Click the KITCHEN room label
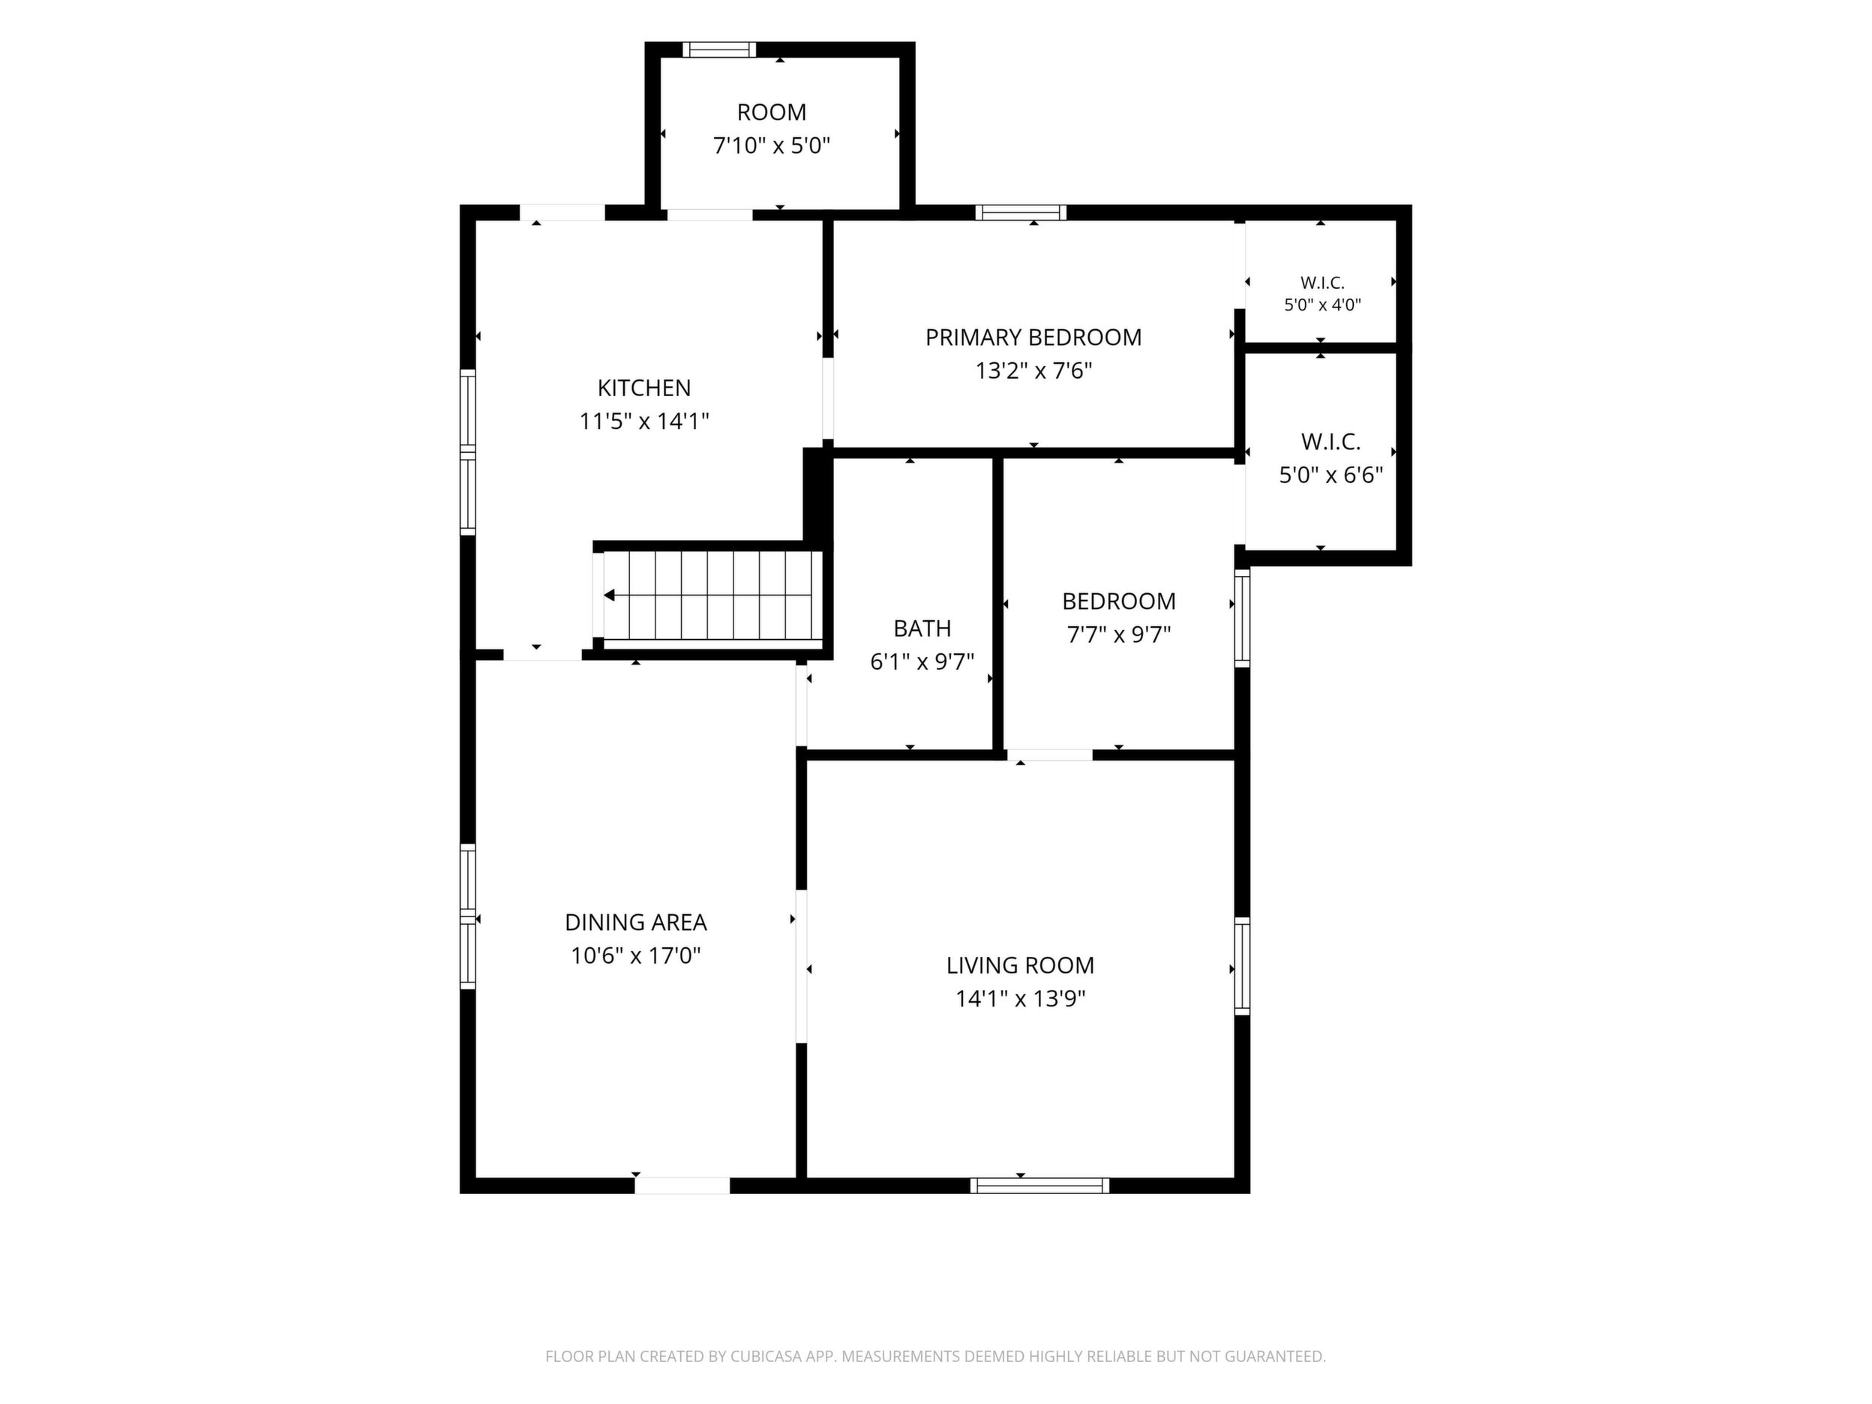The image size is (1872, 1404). [x=644, y=388]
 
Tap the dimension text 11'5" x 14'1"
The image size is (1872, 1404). [x=644, y=421]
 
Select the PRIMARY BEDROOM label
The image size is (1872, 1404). [x=1033, y=337]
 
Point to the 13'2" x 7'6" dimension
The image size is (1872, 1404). [x=1033, y=370]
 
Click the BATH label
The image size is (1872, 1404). [x=922, y=628]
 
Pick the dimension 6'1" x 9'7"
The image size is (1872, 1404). [x=922, y=661]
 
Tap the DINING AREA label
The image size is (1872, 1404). [x=635, y=922]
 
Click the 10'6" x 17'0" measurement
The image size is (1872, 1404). [x=635, y=955]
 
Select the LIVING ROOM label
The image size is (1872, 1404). [x=1020, y=965]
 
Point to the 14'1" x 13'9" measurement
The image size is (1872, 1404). [x=1020, y=999]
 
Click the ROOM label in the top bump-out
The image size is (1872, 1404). [x=771, y=112]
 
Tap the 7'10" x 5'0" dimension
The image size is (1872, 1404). [x=771, y=145]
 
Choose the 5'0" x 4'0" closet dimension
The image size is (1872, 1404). [x=1322, y=304]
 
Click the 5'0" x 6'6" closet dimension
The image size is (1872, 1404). [x=1330, y=475]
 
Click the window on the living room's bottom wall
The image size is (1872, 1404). [x=1039, y=1186]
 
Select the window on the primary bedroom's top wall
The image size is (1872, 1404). [x=1020, y=212]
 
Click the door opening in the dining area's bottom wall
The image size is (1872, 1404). [x=682, y=1186]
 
